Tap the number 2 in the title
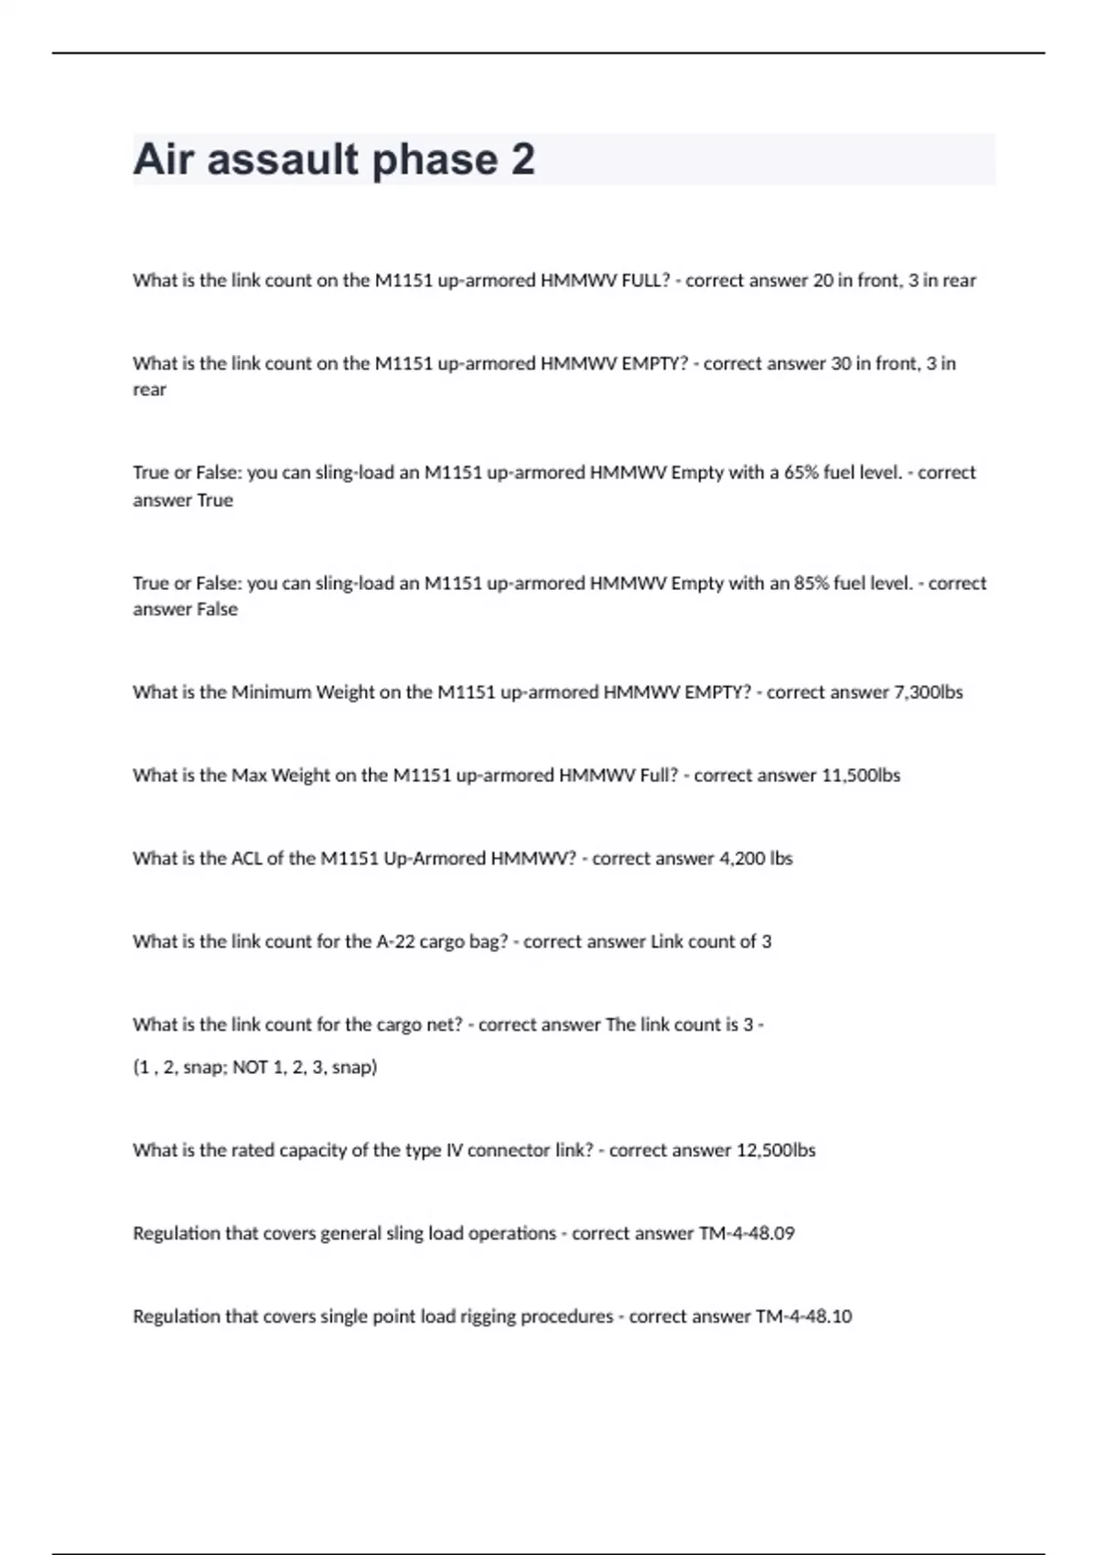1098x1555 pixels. (522, 159)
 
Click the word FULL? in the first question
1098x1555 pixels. (645, 281)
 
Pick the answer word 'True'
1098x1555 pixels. (215, 500)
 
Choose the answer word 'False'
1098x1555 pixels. (217, 609)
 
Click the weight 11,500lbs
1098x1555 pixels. (861, 776)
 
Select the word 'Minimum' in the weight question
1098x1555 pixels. (271, 692)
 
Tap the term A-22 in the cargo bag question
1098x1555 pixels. (395, 941)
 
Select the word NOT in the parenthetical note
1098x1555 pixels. (250, 1067)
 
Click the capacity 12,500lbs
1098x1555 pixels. (775, 1150)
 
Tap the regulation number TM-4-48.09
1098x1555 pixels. (747, 1233)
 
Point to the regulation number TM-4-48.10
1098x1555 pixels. (803, 1316)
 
